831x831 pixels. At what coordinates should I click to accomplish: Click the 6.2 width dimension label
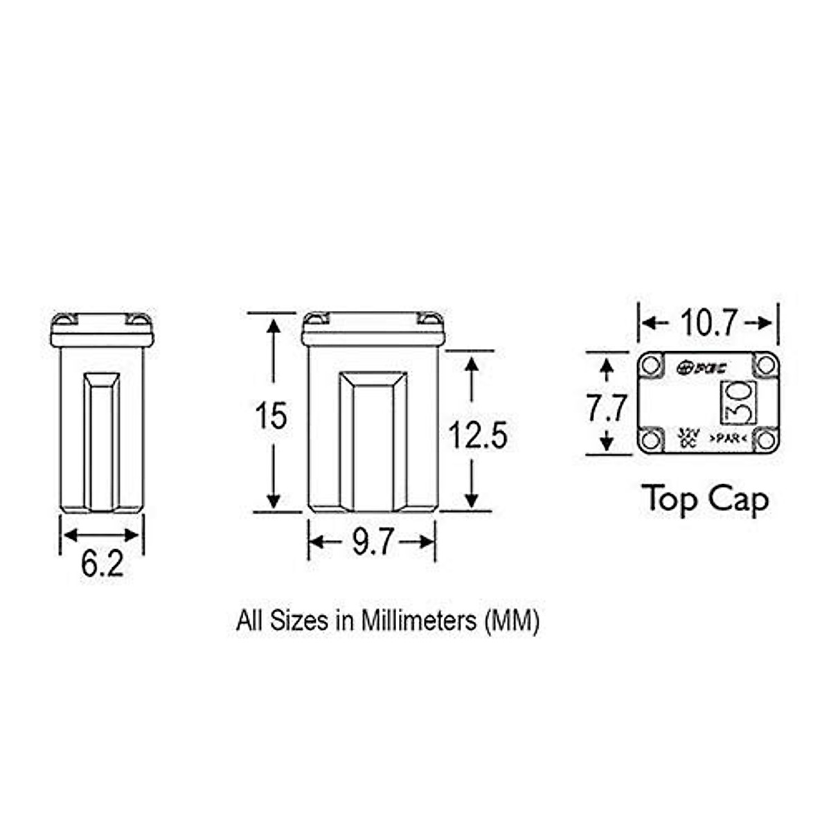click(102, 564)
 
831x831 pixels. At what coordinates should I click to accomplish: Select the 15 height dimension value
click(271, 415)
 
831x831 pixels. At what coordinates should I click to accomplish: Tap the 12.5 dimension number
click(478, 436)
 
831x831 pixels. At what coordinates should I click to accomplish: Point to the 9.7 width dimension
click(373, 542)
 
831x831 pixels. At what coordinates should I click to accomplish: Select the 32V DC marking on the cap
click(688, 437)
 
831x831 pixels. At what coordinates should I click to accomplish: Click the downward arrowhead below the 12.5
click(472, 500)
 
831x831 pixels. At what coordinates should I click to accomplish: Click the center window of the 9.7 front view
click(373, 440)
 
